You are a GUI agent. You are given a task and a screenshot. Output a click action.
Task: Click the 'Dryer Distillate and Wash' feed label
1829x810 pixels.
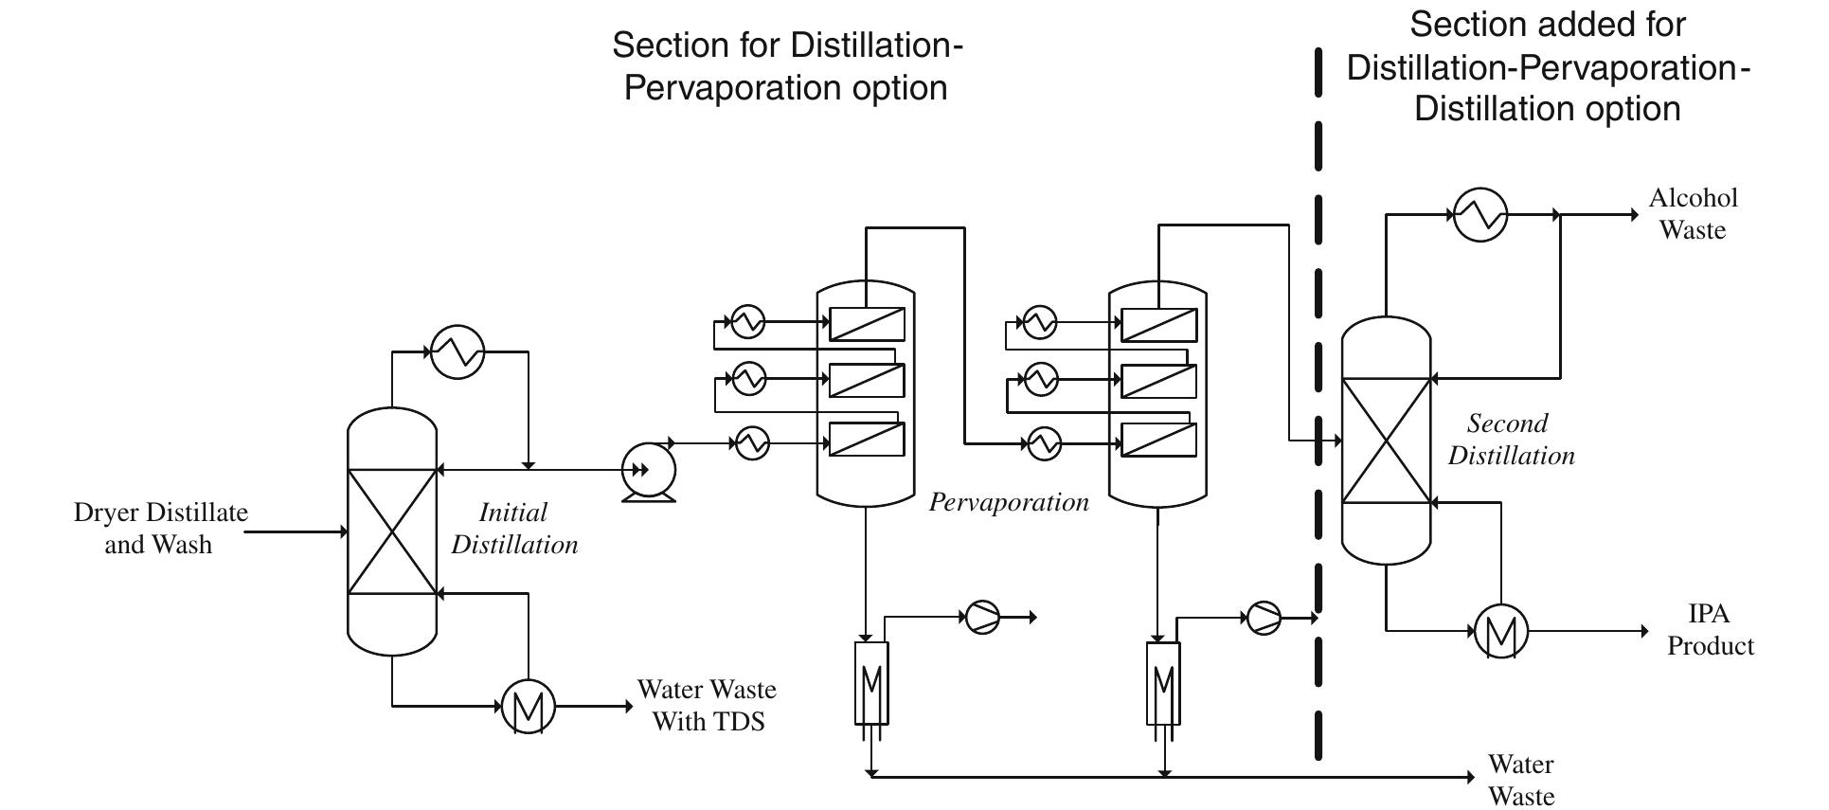(160, 528)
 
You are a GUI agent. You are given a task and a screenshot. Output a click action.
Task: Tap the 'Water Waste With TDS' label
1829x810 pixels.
(707, 705)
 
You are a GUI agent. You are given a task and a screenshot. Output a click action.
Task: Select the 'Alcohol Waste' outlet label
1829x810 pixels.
(1693, 213)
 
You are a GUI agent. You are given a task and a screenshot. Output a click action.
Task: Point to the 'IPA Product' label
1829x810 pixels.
(1710, 629)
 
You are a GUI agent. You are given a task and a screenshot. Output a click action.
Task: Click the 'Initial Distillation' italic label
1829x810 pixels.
(513, 528)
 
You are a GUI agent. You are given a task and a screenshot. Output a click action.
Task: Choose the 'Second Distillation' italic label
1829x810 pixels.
(1510, 439)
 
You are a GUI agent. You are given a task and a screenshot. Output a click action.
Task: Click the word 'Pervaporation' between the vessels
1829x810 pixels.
(1008, 501)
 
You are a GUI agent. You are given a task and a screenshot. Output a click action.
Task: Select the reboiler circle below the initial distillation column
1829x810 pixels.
(528, 706)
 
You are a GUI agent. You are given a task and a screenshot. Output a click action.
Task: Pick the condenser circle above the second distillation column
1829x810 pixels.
(1479, 214)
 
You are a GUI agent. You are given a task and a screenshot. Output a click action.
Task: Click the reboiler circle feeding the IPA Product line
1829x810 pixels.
(1501, 630)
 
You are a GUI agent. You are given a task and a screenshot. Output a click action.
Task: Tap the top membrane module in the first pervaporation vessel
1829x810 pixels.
(867, 324)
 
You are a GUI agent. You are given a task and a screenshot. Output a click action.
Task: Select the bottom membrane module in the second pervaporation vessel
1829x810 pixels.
(1158, 440)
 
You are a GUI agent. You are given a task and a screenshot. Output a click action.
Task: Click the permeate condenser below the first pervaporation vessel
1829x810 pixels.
(871, 682)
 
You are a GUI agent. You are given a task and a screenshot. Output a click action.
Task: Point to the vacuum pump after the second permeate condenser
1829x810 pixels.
(1264, 618)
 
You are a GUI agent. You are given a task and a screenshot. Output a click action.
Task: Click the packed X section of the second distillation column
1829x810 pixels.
(1386, 440)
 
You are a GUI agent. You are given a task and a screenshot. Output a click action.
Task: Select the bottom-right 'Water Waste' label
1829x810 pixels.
(1520, 779)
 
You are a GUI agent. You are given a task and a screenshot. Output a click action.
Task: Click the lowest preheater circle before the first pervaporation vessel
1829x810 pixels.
(752, 442)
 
